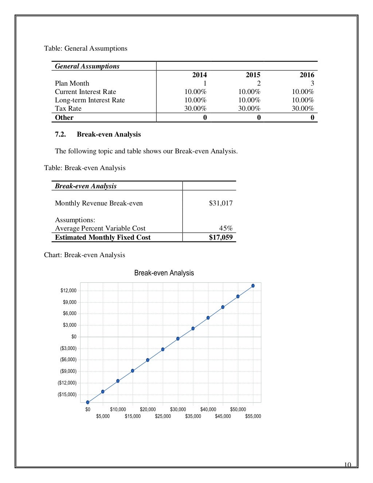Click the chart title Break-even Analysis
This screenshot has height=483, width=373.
pos(164,273)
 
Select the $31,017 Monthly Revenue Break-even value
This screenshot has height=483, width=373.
pos(220,203)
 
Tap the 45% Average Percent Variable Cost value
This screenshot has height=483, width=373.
pos(225,228)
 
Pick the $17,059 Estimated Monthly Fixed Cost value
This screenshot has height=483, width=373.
pos(220,237)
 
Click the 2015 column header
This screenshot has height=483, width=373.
pos(253,75)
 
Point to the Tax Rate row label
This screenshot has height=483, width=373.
pos(68,109)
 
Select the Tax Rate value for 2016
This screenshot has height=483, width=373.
pos(302,109)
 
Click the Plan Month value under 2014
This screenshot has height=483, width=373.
pos(205,83)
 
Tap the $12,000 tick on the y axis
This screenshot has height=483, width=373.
pos(68,290)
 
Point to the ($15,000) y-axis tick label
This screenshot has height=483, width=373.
pos(67,394)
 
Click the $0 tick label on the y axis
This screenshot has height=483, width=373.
pos(74,337)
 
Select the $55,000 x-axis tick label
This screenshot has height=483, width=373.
pos(253,416)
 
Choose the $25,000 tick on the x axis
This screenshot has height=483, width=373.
pos(163,416)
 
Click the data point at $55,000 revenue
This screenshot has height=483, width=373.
pos(253,286)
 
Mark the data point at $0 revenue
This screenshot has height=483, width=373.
pos(88,402)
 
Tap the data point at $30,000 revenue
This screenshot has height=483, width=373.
pos(178,339)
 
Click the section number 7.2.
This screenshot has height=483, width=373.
pos(60,134)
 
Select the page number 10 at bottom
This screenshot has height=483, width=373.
pos(348,464)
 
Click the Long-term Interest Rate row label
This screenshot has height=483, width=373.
pos(90,100)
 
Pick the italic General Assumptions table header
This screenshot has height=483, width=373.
pos(87,66)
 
